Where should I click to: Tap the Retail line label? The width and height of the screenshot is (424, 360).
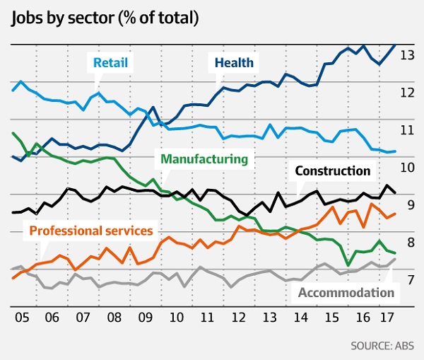[110, 63]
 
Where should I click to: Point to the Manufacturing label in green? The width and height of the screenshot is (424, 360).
[205, 159]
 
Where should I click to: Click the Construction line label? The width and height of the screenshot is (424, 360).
[332, 170]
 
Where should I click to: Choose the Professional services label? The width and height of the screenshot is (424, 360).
[91, 231]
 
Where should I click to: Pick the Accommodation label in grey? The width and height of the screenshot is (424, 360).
[346, 292]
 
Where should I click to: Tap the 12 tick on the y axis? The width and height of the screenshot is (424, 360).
[407, 93]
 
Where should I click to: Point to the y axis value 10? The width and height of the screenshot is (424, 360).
[407, 168]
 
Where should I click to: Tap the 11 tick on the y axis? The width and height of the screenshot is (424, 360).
[407, 130]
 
